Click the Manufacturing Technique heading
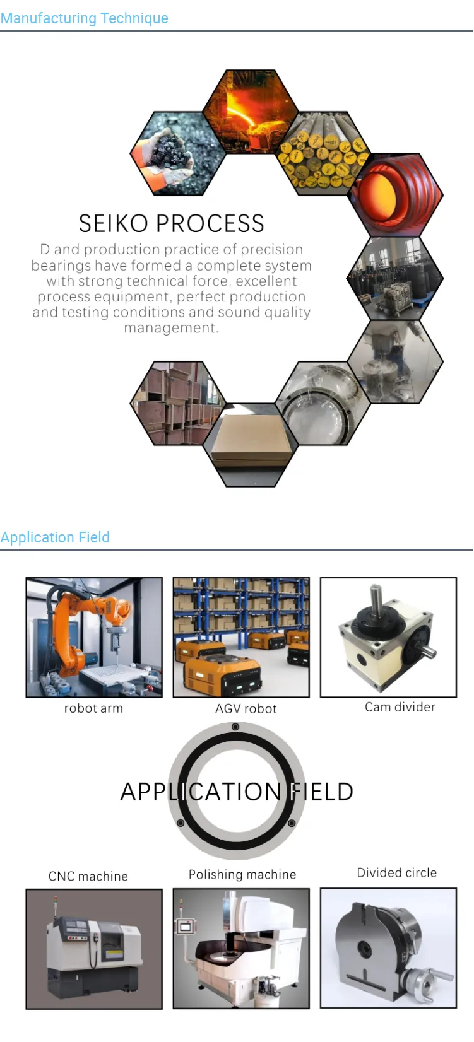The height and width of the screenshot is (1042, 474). coord(85,18)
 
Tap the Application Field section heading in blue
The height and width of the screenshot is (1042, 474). coord(55,537)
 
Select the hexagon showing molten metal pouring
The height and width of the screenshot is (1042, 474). coord(251,112)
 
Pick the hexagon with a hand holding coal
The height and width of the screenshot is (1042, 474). coord(178,153)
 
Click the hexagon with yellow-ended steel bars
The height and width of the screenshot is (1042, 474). coord(323,153)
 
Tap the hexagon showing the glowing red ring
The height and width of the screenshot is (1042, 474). coord(396,195)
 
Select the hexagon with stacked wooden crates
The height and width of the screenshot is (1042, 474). coord(178,403)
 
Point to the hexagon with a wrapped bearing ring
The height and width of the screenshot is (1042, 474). coord(323,403)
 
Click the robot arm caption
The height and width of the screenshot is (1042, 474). coord(93,708)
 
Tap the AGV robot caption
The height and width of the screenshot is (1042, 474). coord(246,709)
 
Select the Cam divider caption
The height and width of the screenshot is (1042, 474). coord(400,707)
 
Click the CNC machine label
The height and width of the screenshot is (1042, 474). coord(88,876)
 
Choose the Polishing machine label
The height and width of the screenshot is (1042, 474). coord(242,874)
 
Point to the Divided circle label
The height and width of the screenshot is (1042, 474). coord(397,873)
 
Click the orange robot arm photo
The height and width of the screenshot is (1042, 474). coord(94,637)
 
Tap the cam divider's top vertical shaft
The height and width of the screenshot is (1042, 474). coord(376,600)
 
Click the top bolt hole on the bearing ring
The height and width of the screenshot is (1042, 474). coord(235,727)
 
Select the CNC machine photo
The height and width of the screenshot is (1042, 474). coord(94,949)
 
